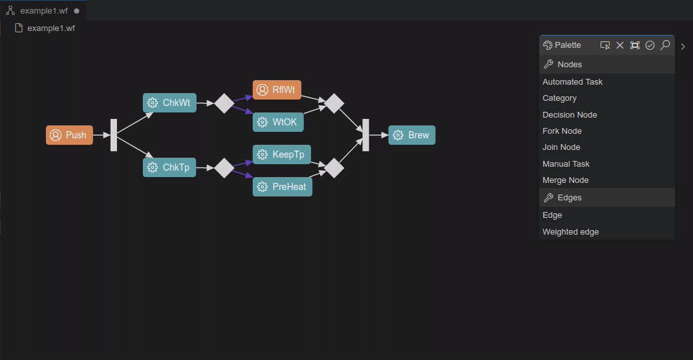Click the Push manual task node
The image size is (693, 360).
click(69, 135)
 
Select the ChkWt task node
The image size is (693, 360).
click(169, 103)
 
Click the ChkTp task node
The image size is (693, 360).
click(169, 167)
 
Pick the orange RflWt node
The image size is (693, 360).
click(277, 90)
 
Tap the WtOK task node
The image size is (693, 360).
click(278, 122)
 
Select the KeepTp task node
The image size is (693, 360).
click(281, 154)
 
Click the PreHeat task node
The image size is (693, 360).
click(283, 187)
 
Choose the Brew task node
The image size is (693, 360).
click(412, 135)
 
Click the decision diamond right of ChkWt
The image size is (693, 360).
click(224, 103)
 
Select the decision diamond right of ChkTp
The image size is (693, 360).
click(224, 168)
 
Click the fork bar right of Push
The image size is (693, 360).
click(114, 135)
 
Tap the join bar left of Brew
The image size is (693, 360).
click(366, 135)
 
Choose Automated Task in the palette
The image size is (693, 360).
click(572, 82)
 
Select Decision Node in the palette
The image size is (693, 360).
click(570, 115)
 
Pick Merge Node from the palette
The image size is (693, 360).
click(565, 180)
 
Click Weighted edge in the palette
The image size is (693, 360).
click(570, 232)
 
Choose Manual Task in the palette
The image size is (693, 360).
click(566, 164)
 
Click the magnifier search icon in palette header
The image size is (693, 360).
click(665, 45)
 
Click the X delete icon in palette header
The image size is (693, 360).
click(620, 45)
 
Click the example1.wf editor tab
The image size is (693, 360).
click(43, 11)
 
